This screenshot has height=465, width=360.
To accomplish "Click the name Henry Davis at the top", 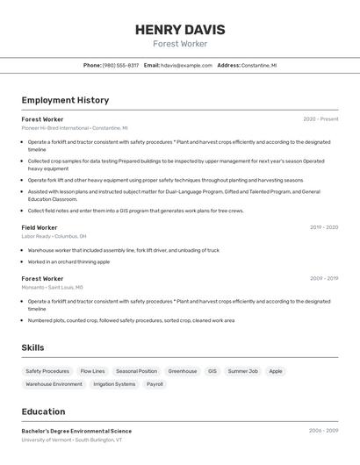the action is click(180, 30).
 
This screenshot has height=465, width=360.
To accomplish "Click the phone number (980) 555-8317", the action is click(120, 65).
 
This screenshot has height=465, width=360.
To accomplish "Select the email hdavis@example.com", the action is click(186, 65).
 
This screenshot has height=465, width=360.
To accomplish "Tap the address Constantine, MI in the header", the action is click(259, 65).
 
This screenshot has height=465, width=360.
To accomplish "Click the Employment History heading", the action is click(65, 101).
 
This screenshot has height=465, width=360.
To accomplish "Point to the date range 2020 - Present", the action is click(320, 119).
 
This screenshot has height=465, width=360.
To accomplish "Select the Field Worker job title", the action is click(40, 227).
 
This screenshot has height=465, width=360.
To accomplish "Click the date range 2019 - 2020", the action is click(323, 227).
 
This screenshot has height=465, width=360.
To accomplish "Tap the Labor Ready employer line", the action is click(54, 236).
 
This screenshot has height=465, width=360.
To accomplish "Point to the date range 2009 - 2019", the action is click(323, 278).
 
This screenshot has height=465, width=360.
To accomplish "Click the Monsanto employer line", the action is click(52, 287).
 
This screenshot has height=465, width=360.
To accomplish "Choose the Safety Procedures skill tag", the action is click(47, 371).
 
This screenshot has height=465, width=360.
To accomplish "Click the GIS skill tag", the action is click(212, 371).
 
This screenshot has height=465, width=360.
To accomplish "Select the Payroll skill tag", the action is click(155, 384).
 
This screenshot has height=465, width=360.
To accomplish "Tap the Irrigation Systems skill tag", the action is click(114, 384).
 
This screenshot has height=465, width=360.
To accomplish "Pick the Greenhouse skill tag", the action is click(183, 371).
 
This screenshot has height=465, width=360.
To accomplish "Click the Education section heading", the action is click(43, 411).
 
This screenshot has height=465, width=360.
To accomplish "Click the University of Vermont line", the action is click(72, 440).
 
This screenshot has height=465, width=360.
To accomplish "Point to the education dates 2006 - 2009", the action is click(323, 431).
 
